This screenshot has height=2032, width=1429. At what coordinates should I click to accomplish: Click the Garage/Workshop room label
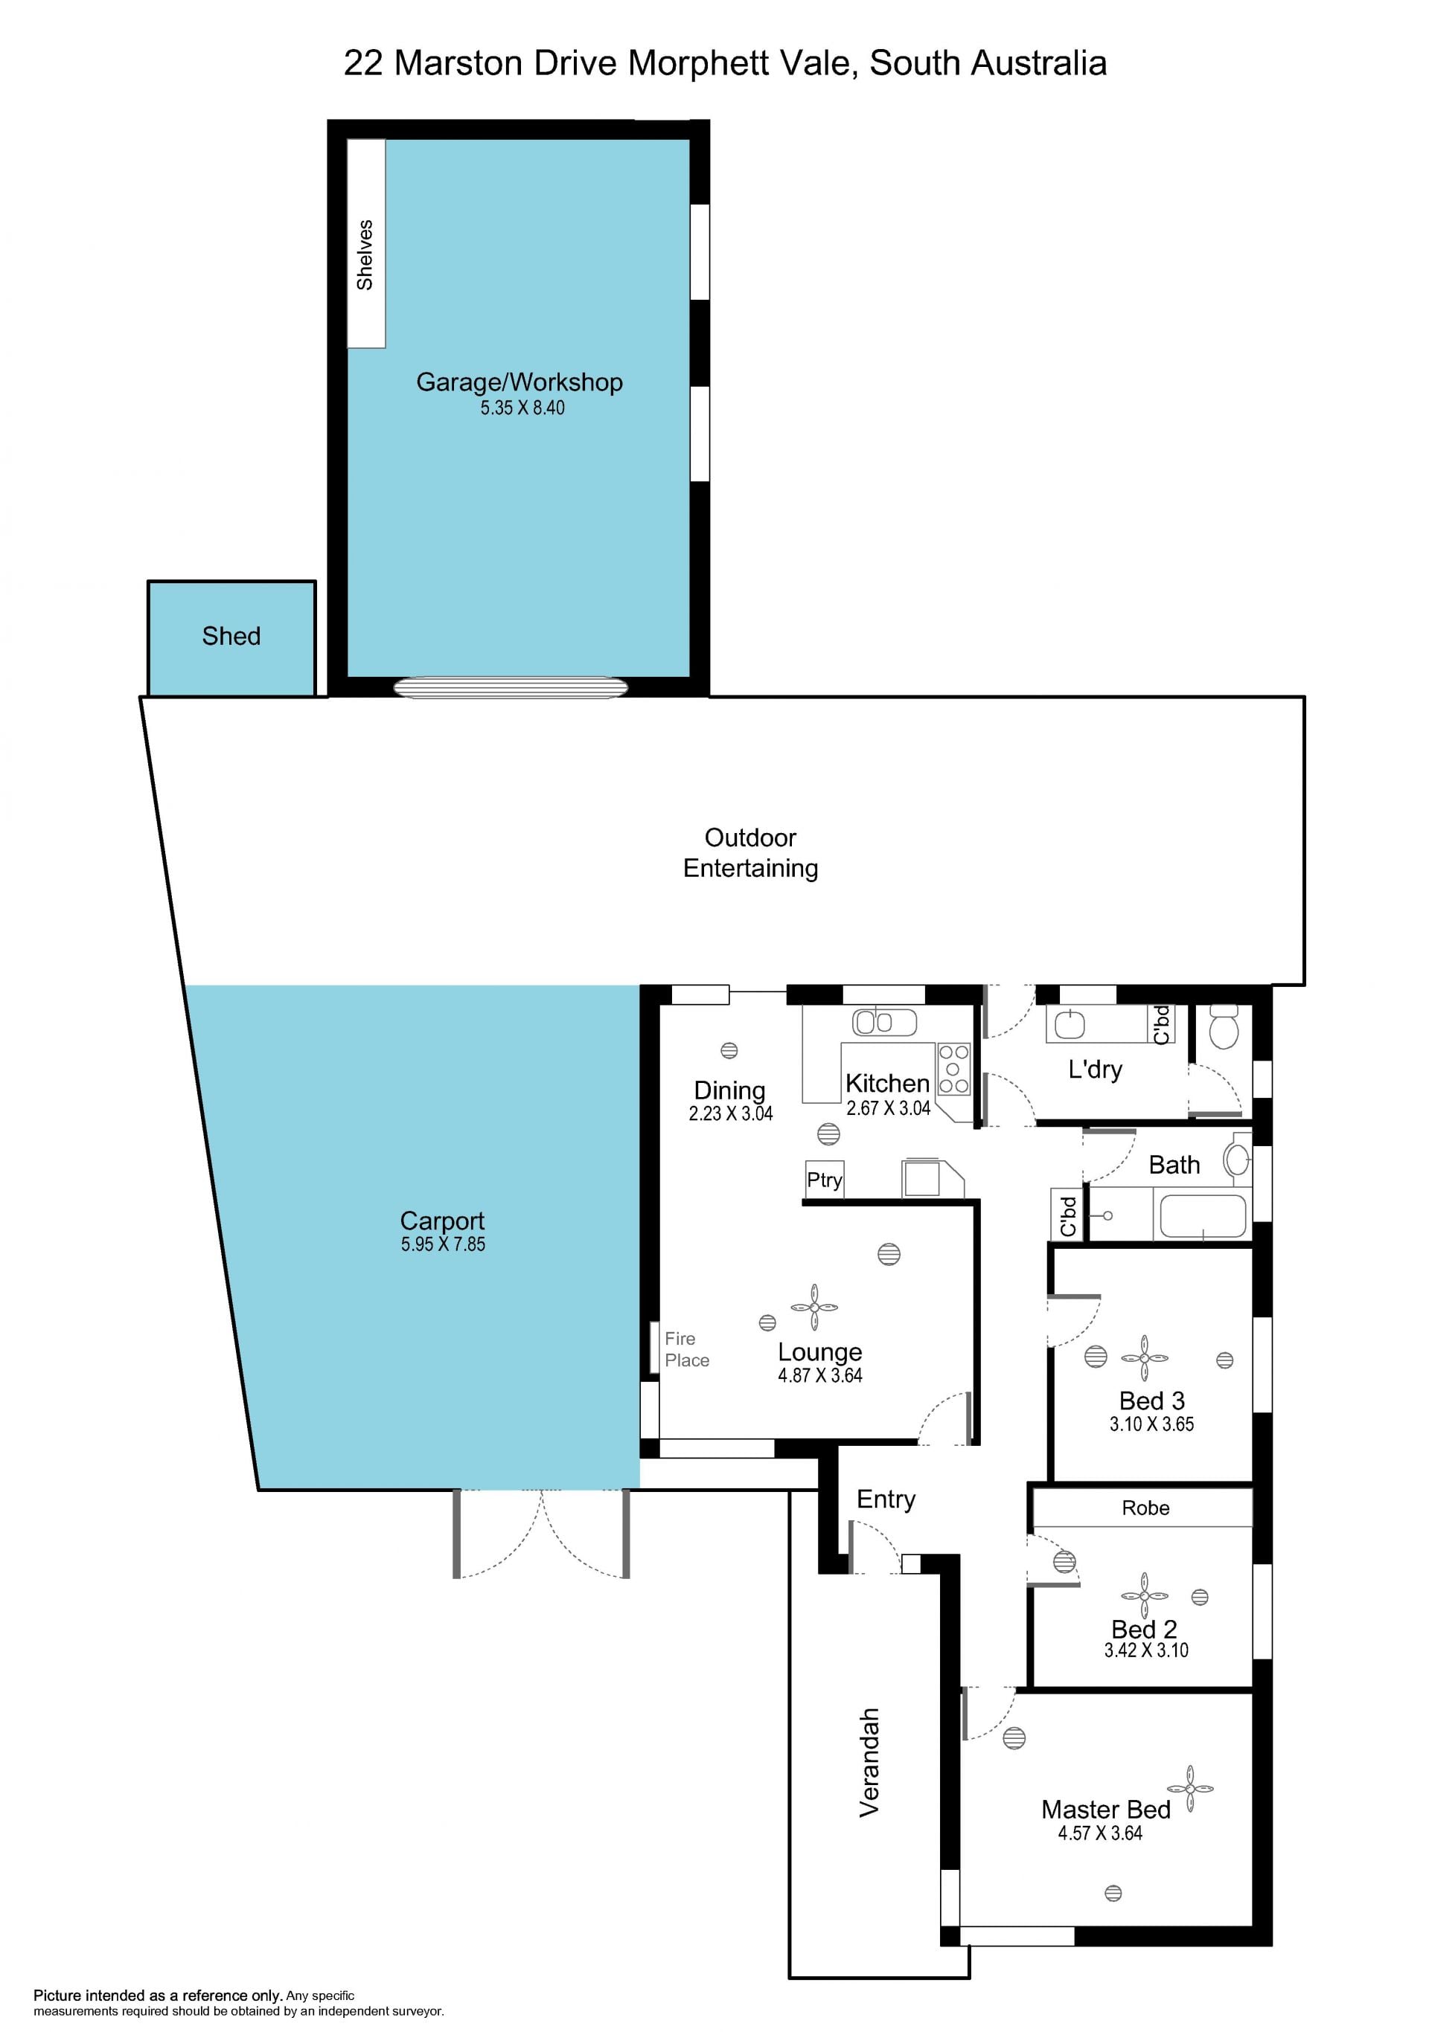pyautogui.click(x=519, y=382)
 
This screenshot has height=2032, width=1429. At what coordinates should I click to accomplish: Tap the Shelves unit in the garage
pyautogui.click(x=365, y=243)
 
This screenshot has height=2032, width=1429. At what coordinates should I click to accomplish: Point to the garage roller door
pyautogui.click(x=511, y=688)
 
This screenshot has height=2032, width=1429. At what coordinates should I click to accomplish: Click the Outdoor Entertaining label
pyautogui.click(x=751, y=852)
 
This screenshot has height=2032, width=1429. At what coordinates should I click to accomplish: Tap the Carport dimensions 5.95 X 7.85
pyautogui.click(x=443, y=1244)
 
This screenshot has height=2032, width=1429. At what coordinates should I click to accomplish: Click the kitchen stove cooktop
pyautogui.click(x=953, y=1069)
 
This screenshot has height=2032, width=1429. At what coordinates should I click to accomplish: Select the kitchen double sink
pyautogui.click(x=884, y=1022)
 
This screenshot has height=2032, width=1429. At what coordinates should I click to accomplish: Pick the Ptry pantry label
pyautogui.click(x=825, y=1180)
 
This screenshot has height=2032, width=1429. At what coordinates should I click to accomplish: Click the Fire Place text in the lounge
pyautogui.click(x=687, y=1350)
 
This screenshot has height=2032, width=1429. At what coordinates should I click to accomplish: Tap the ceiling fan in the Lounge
pyautogui.click(x=813, y=1307)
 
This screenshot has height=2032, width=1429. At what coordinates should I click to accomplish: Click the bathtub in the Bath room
pyautogui.click(x=1202, y=1215)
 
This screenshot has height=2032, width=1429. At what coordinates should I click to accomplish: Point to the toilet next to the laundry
pyautogui.click(x=1224, y=1026)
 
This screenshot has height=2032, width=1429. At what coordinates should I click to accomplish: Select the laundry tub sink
pyautogui.click(x=1070, y=1024)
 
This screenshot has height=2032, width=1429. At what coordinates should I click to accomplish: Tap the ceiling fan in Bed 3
pyautogui.click(x=1144, y=1357)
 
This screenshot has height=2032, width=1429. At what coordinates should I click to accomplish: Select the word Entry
pyautogui.click(x=886, y=1499)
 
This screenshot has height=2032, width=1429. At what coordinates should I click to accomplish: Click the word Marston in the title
pyautogui.click(x=458, y=62)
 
